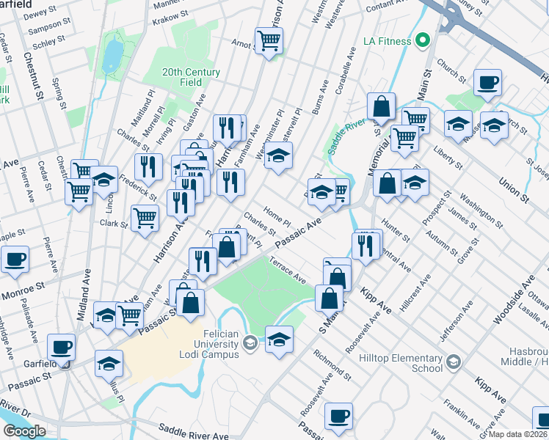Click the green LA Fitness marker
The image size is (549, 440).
422,41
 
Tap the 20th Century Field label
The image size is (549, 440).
191,77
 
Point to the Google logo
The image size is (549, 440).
24,430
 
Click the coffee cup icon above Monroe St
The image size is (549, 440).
15,259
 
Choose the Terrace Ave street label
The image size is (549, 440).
287,269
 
